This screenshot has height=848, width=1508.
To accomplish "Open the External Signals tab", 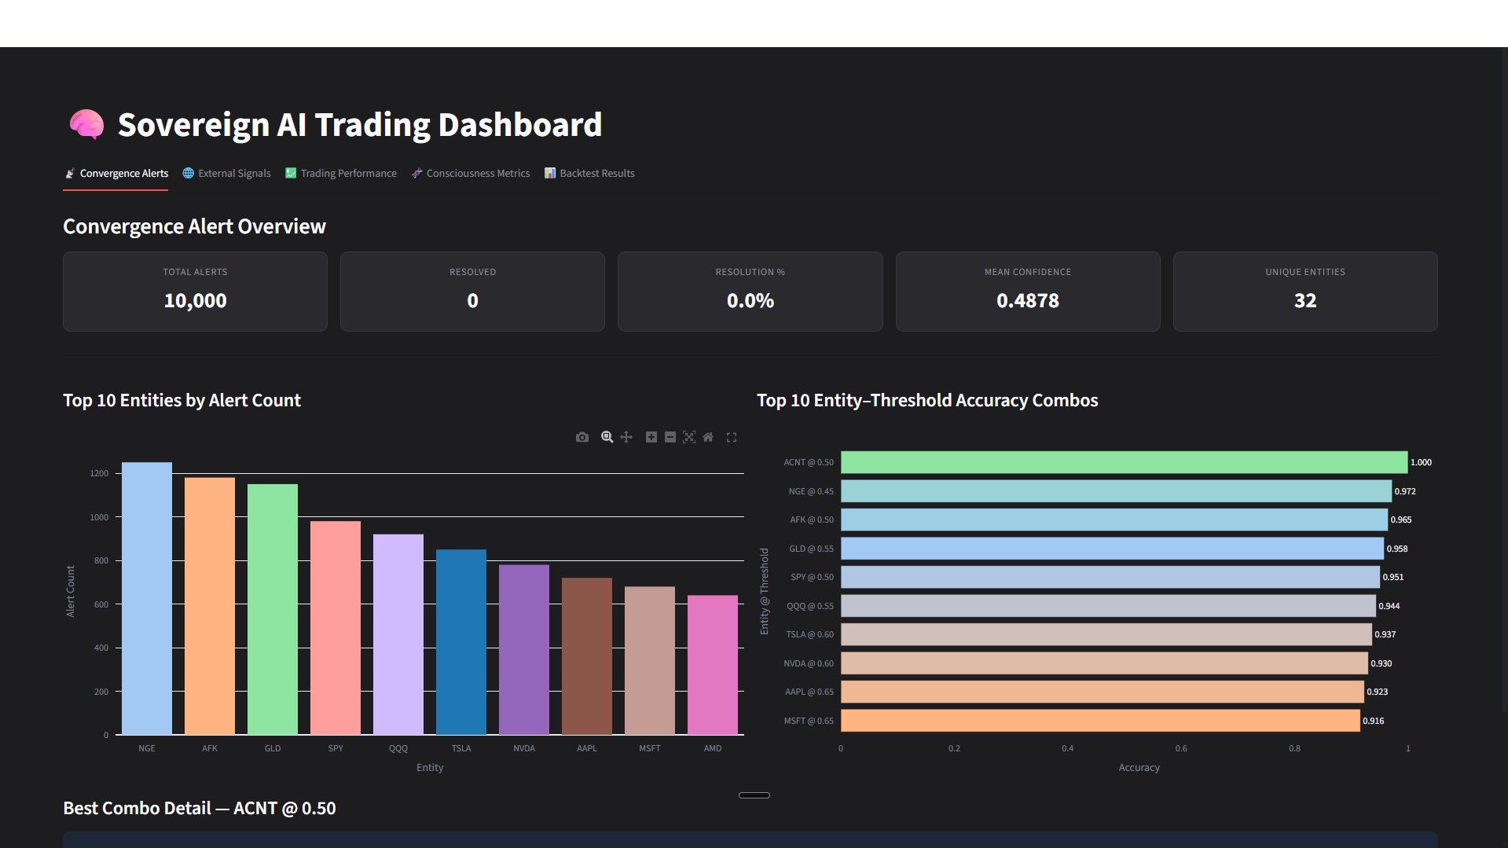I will click(x=226, y=173).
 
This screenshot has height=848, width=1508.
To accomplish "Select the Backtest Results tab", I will click(x=589, y=173).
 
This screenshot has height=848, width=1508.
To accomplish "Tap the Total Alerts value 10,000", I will click(x=195, y=300).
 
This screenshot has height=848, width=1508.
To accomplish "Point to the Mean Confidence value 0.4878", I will click(x=1027, y=300).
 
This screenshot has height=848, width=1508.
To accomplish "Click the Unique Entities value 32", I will click(x=1304, y=300).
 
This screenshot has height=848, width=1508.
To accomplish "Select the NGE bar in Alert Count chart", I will click(x=147, y=597).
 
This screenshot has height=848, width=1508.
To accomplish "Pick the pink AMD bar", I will click(x=713, y=664).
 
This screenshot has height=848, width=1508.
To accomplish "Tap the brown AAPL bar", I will click(x=587, y=655).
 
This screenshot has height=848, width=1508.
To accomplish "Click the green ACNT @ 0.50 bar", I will click(x=1124, y=462).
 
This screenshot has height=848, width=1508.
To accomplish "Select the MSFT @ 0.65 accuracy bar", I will click(x=1100, y=721).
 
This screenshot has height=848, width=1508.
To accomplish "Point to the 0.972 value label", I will click(x=1405, y=491).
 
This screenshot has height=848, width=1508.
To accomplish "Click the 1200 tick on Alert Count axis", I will click(x=99, y=473).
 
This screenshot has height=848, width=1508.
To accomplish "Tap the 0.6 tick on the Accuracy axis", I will click(x=1181, y=748).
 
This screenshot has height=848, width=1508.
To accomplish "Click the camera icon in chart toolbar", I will click(x=582, y=437).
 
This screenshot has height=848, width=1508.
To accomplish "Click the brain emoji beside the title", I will click(x=86, y=124).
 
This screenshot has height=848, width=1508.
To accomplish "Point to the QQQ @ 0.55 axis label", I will click(x=809, y=606).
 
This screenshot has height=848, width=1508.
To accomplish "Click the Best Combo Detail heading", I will click(x=200, y=808).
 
